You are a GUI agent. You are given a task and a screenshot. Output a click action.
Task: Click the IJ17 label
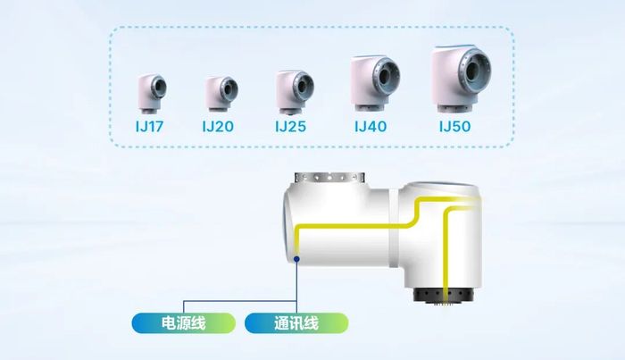pos(149,127)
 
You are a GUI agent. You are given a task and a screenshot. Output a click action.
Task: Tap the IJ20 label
pos(218,127)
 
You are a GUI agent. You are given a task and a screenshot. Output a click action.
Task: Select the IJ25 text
pos(290,127)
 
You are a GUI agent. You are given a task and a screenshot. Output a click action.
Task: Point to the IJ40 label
pos(371,127)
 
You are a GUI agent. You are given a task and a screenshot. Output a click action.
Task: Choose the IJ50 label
pos(454,127)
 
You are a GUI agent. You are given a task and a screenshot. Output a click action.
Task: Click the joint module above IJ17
pos(153,93)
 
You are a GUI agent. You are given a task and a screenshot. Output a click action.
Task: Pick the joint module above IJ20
pos(221,94)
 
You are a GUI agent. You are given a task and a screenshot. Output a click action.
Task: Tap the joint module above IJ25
pos(295,92)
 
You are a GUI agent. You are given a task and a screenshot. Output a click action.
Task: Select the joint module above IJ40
pos(375,83)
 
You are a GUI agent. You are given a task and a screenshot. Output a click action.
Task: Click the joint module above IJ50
pos(462,79)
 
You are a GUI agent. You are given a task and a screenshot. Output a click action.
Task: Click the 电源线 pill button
pos(184,322)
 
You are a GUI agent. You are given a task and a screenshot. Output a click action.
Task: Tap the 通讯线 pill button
pos(296,322)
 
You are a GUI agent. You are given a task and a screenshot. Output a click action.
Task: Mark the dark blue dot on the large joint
pos(296,259)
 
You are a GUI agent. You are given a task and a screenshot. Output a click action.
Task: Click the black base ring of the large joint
pos(443,295)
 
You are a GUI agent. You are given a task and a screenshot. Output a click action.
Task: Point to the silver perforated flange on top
pos(329,178)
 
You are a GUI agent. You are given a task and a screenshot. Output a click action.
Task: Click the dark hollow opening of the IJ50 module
pos(472,71)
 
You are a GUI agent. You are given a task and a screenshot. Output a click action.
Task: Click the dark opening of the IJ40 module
pos(385,76)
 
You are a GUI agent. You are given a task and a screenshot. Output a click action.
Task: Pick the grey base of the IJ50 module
pos(454,107)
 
